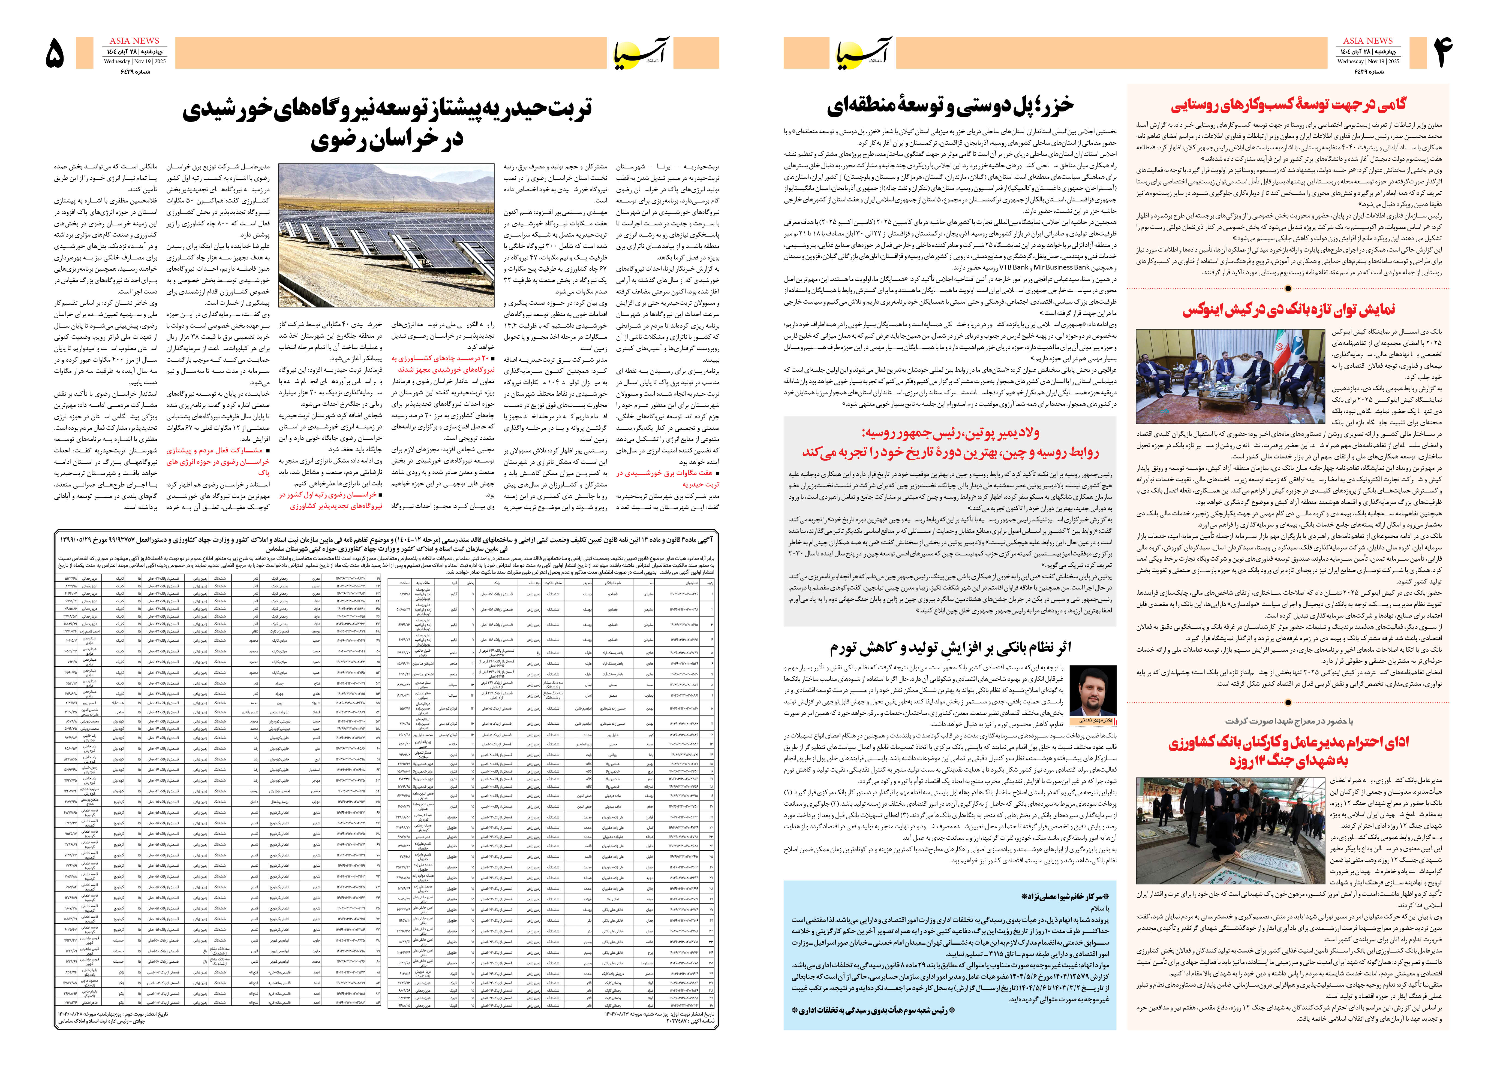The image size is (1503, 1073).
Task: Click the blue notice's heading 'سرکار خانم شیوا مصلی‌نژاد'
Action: point(1064,897)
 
